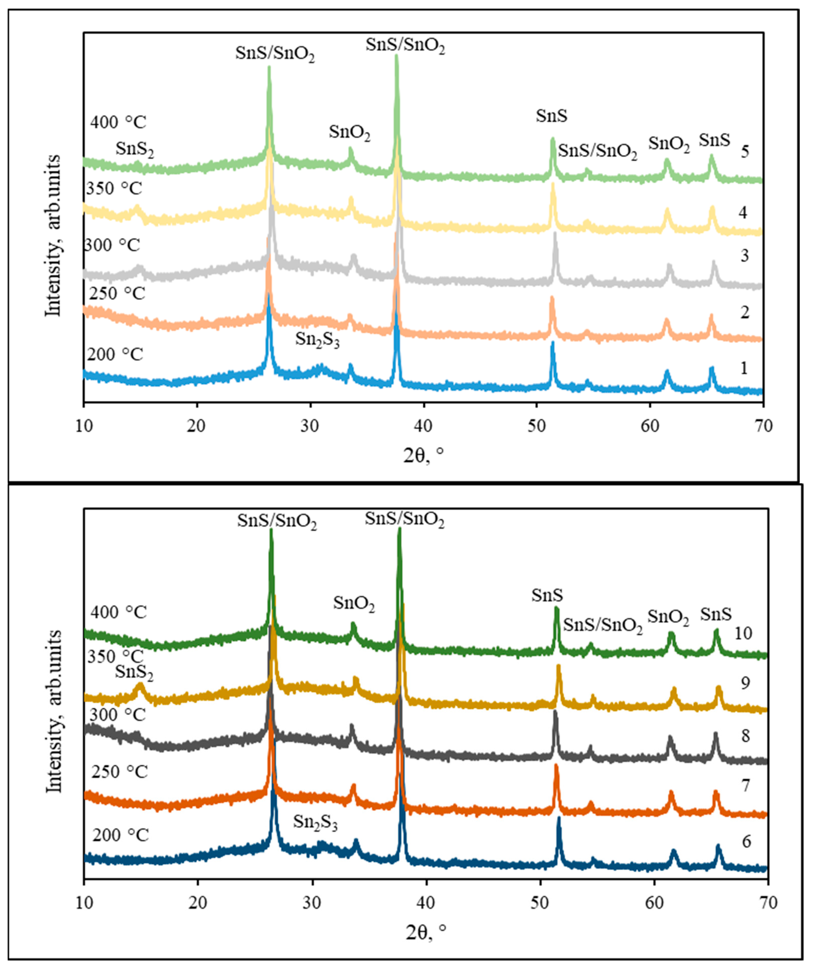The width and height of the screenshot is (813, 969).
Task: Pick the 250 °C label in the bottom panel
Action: point(119,772)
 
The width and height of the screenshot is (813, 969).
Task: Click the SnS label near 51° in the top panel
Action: point(551,116)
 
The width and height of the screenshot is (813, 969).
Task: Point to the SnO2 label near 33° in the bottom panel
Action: point(354,604)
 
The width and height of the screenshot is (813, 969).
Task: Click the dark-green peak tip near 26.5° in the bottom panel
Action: point(271,530)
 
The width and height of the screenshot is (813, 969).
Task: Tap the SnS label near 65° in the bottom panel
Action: point(716,614)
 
